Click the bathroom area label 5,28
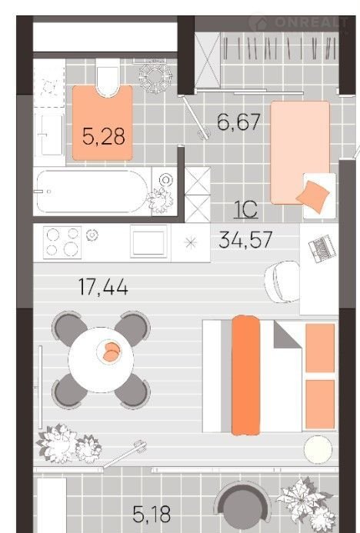104,136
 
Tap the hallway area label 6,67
238,122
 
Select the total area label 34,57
245,240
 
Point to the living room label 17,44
103,287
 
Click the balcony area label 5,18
152,514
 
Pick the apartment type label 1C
246,210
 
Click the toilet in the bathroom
108,77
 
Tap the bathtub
92,192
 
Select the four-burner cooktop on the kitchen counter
62,242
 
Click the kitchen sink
148,242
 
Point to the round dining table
101,360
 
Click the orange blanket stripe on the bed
246,375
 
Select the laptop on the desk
322,248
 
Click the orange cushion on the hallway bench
313,196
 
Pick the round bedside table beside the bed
318,449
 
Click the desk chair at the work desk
282,281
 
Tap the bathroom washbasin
50,135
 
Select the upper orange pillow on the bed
320,348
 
